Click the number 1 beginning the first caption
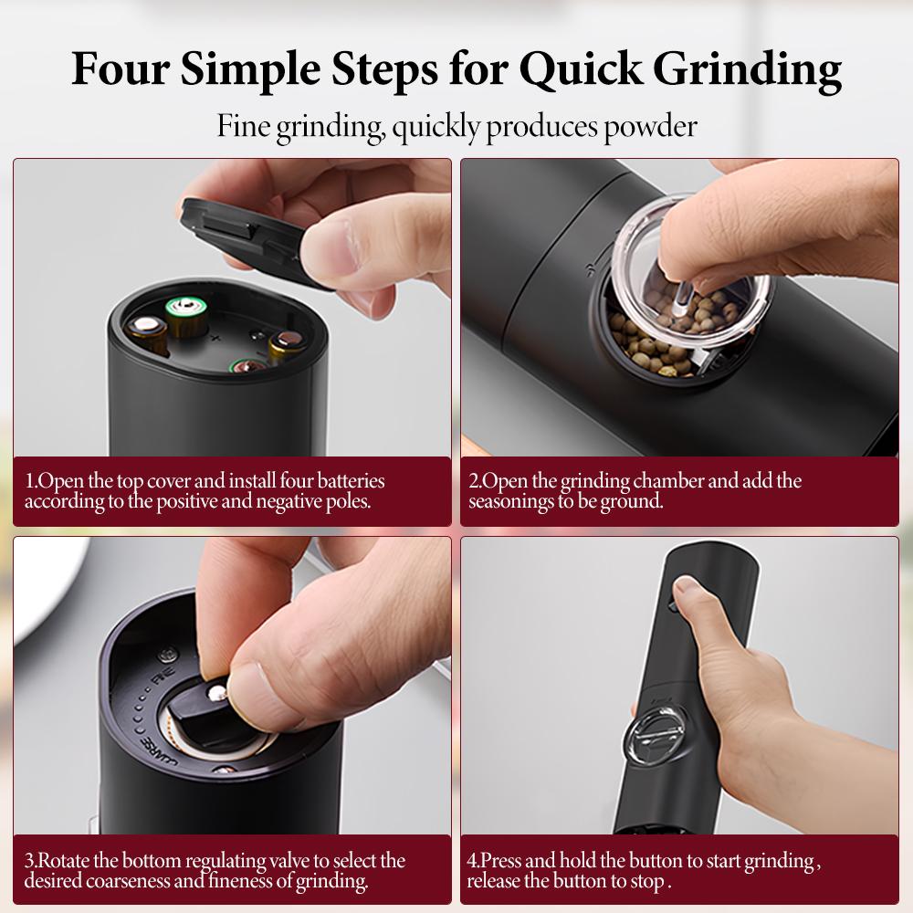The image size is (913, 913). (x=29, y=481)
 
